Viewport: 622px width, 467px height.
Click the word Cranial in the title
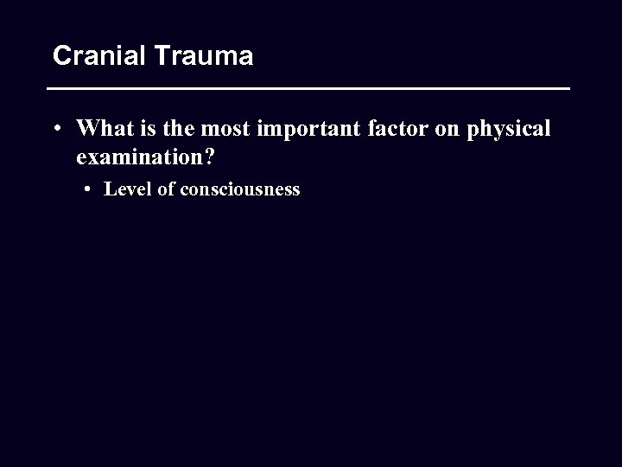point(100,56)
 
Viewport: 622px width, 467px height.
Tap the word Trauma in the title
point(204,56)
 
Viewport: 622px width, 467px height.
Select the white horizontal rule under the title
point(308,89)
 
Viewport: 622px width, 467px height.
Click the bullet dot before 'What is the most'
point(55,130)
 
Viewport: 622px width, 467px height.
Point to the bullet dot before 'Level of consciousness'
point(90,189)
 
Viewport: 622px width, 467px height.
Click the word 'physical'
point(508,130)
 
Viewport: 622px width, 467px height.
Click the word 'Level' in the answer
point(128,189)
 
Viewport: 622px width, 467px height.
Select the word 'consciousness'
point(240,189)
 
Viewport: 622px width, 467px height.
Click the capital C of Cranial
point(61,56)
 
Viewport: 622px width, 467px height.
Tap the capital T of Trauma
point(162,56)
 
